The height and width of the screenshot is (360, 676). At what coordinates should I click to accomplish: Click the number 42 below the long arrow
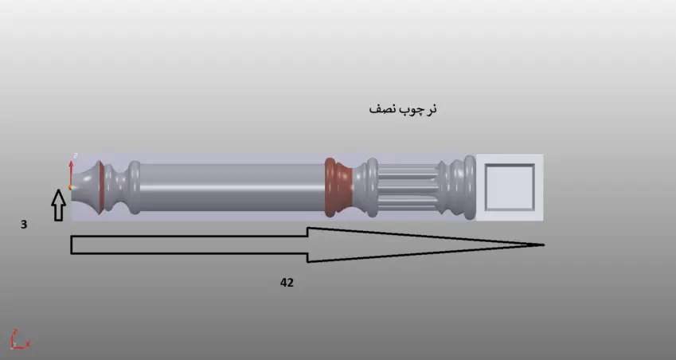click(287, 283)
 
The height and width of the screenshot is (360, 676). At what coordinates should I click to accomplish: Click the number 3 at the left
click(24, 225)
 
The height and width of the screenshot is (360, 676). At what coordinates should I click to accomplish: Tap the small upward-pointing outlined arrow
click(58, 205)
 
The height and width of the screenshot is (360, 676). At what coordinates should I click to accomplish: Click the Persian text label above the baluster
click(403, 109)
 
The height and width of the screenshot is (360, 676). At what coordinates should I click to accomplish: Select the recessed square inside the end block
click(509, 187)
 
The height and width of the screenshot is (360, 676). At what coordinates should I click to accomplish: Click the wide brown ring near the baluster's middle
click(338, 187)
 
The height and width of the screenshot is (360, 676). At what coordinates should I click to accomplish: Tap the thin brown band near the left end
click(100, 187)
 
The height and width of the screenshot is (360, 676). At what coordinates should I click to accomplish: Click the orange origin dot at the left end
click(71, 187)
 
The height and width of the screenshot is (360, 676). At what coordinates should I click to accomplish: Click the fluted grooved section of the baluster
click(408, 187)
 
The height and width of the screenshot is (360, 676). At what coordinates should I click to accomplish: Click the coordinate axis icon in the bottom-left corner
click(18, 339)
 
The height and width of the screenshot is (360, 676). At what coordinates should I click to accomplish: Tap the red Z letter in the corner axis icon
click(15, 331)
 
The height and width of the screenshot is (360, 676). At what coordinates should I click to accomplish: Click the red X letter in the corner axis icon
click(28, 344)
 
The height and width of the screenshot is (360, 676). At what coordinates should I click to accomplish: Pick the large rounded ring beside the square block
click(469, 187)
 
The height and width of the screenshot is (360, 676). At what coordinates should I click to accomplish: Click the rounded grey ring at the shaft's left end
click(135, 187)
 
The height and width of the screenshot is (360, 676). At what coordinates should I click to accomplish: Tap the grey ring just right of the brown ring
click(370, 187)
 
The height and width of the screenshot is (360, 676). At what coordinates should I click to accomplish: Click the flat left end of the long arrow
click(72, 245)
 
